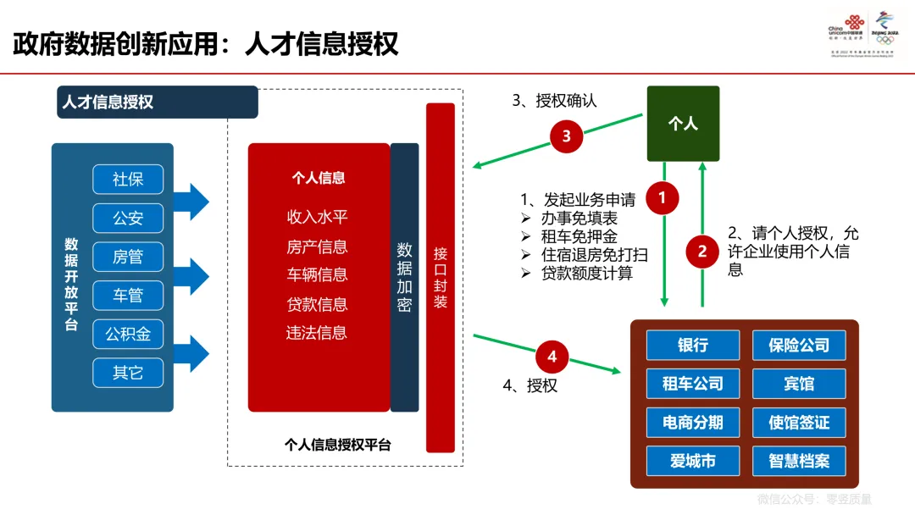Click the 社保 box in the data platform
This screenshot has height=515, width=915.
[x=128, y=180]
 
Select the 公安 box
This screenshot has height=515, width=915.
[x=128, y=218]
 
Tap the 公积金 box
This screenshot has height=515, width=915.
[x=128, y=334]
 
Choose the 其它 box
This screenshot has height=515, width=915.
[x=128, y=373]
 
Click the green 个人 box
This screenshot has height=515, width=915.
[x=683, y=124]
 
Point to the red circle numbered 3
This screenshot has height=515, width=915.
[x=566, y=136]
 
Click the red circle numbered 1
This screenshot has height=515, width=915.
[x=663, y=199]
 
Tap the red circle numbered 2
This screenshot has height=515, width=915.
[x=701, y=251]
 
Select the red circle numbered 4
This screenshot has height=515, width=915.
[x=552, y=357]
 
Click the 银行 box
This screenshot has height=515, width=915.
[x=693, y=346]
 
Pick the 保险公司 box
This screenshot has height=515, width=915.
[x=799, y=346]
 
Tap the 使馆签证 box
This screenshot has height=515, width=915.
[x=799, y=422]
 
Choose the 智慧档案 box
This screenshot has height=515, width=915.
[x=799, y=461]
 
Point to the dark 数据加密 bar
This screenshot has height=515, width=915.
[x=404, y=277]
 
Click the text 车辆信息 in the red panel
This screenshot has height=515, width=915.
[x=318, y=275]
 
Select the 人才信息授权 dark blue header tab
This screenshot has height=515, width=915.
[x=157, y=102]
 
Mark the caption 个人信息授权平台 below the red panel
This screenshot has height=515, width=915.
[x=338, y=445]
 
